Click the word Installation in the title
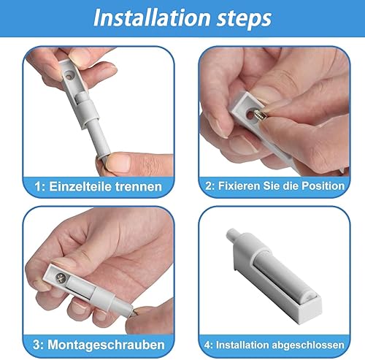[152, 18]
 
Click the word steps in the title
[244, 19]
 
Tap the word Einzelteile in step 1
[80, 187]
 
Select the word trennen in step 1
[139, 187]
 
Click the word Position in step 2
[323, 186]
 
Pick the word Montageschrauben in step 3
[106, 345]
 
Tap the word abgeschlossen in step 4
[308, 345]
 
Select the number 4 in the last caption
[207, 345]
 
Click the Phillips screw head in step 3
[61, 277]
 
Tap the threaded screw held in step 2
[261, 115]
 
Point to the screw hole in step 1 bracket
[70, 75]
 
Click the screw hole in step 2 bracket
[250, 115]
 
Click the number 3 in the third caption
[36, 345]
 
